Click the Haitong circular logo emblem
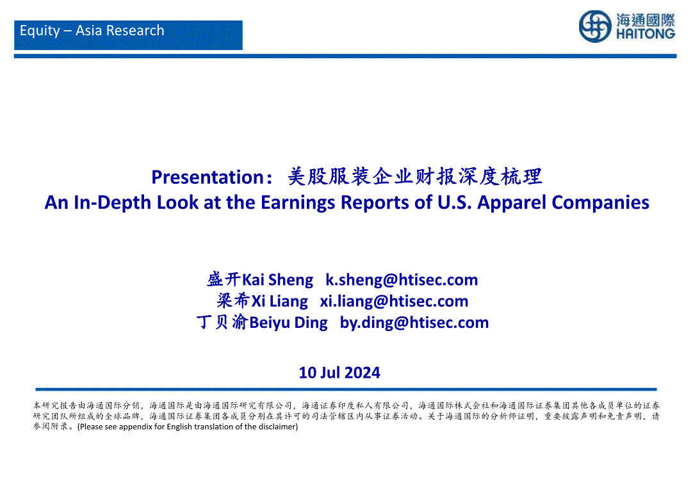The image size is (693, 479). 595,26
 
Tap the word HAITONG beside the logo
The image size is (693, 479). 645,34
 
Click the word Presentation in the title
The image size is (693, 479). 208,177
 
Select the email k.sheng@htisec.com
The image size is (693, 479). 402,280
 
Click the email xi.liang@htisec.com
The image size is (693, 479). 395,301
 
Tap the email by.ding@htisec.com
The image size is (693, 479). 414,323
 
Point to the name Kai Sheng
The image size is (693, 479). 277,280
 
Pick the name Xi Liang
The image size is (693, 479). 279,301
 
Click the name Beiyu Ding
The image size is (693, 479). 289,323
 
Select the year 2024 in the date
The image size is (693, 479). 363,373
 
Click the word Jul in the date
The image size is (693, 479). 330,373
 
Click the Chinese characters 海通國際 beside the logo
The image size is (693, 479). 646,20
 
